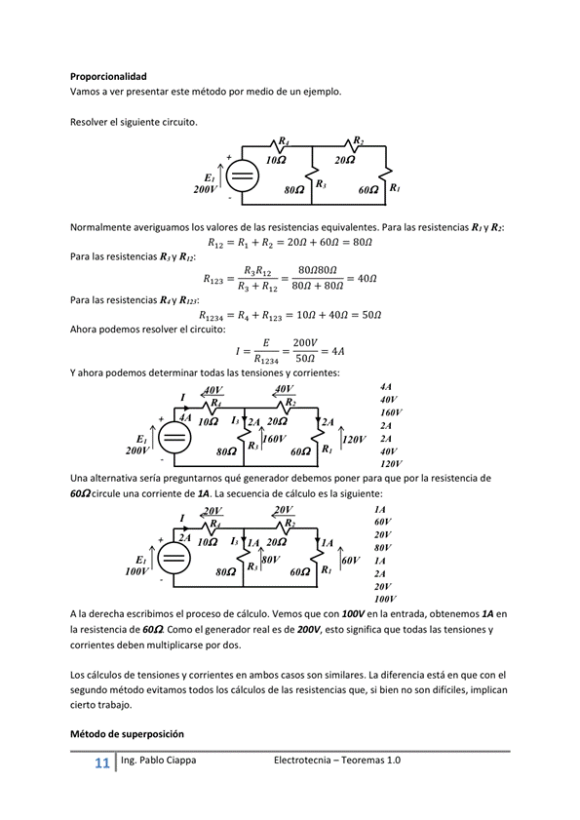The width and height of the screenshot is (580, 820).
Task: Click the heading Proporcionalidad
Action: [x=108, y=76]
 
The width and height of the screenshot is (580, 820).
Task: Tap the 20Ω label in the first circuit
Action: [x=344, y=159]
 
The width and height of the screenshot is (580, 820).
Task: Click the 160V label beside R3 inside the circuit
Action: [x=274, y=440]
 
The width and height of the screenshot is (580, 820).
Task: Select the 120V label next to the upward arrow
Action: [x=354, y=440]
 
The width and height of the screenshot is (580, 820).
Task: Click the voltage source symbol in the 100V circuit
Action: [x=174, y=560]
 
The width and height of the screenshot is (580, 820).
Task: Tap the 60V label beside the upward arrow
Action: [x=351, y=561]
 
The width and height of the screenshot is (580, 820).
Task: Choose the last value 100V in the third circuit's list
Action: [x=384, y=599]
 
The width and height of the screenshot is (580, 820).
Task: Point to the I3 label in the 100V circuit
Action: [x=234, y=541]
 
